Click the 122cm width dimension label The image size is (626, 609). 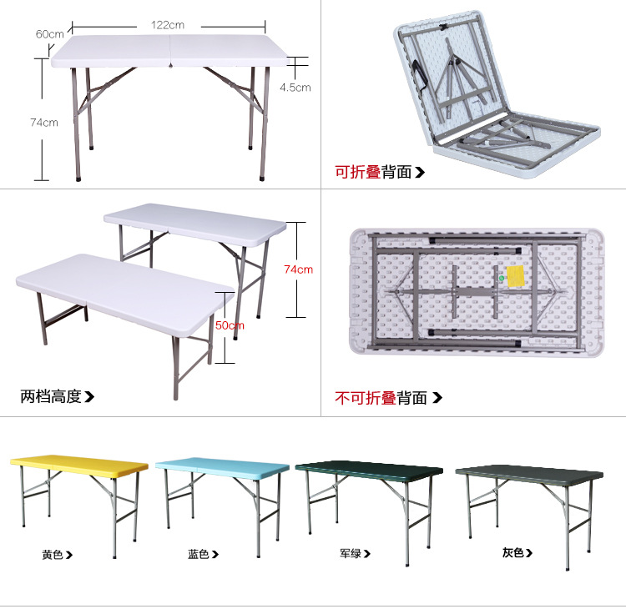[x=168, y=25]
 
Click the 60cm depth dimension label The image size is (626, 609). [x=50, y=34]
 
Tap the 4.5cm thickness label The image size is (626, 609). [x=295, y=87]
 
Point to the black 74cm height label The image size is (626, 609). [x=44, y=123]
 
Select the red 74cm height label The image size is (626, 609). [x=298, y=269]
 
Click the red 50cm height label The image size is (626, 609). [x=230, y=325]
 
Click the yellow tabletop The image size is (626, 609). [x=79, y=461]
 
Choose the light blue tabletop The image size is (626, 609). [x=222, y=464]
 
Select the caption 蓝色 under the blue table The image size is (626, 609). [x=199, y=554]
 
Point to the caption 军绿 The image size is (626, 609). [x=351, y=552]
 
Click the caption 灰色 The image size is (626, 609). [x=512, y=552]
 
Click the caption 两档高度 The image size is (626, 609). [x=51, y=396]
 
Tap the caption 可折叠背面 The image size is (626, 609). [x=373, y=173]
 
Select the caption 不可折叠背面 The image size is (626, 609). [x=381, y=398]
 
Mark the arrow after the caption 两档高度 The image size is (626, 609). [x=89, y=397]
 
